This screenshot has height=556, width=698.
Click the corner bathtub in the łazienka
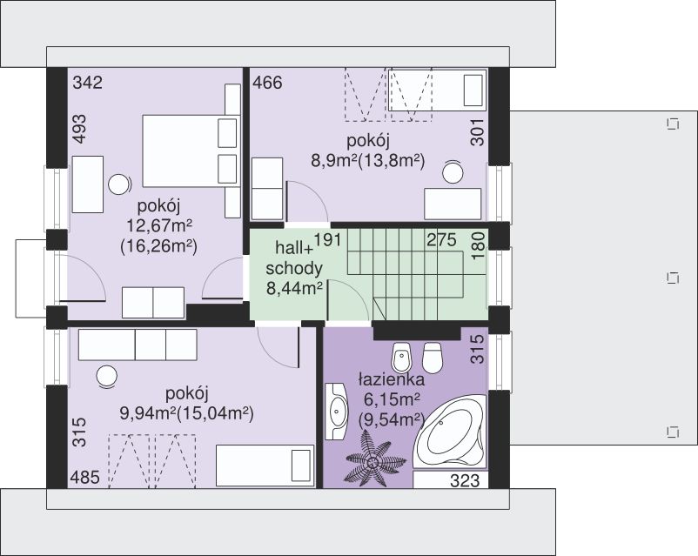(450, 432)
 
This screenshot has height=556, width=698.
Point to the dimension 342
(88, 83)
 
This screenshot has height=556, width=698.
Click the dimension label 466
(267, 83)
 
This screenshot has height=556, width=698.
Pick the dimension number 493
(79, 129)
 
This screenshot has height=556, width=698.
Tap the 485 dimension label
(84, 478)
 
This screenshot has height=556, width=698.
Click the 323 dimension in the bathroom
(465, 481)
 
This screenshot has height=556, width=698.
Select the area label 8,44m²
(295, 289)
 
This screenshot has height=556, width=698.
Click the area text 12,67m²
(159, 226)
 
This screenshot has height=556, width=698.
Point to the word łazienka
(392, 379)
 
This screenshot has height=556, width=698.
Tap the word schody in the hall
(294, 269)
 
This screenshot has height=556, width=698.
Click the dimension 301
(477, 131)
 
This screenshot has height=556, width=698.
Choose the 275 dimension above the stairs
(441, 240)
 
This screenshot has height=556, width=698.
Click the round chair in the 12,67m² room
(119, 184)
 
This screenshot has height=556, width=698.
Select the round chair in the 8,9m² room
(453, 171)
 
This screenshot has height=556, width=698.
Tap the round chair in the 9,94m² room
(107, 377)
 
